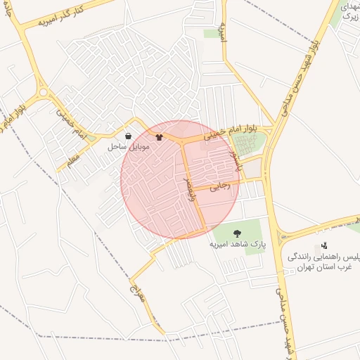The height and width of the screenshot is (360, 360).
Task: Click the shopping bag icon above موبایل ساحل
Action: point(128,136)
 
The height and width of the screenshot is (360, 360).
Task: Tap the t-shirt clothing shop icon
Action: point(159,137)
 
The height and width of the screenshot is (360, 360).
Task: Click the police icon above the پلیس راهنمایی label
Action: point(324,245)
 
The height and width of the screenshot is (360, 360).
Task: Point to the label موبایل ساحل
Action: point(127,148)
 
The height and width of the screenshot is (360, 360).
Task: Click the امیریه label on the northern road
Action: point(223,32)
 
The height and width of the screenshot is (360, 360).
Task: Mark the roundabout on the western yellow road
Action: point(44,92)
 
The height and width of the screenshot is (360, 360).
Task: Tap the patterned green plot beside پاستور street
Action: point(247,145)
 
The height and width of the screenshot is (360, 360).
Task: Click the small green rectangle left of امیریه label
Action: point(211,33)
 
